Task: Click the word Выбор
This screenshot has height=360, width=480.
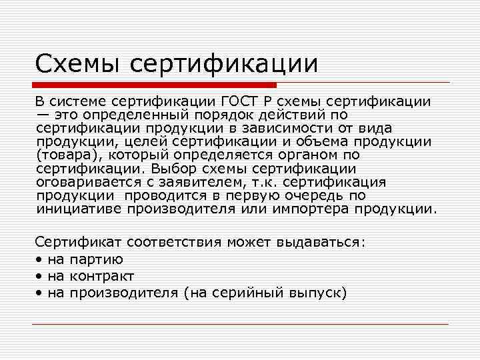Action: tap(177, 169)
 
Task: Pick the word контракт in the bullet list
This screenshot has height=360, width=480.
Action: tap(101, 276)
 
